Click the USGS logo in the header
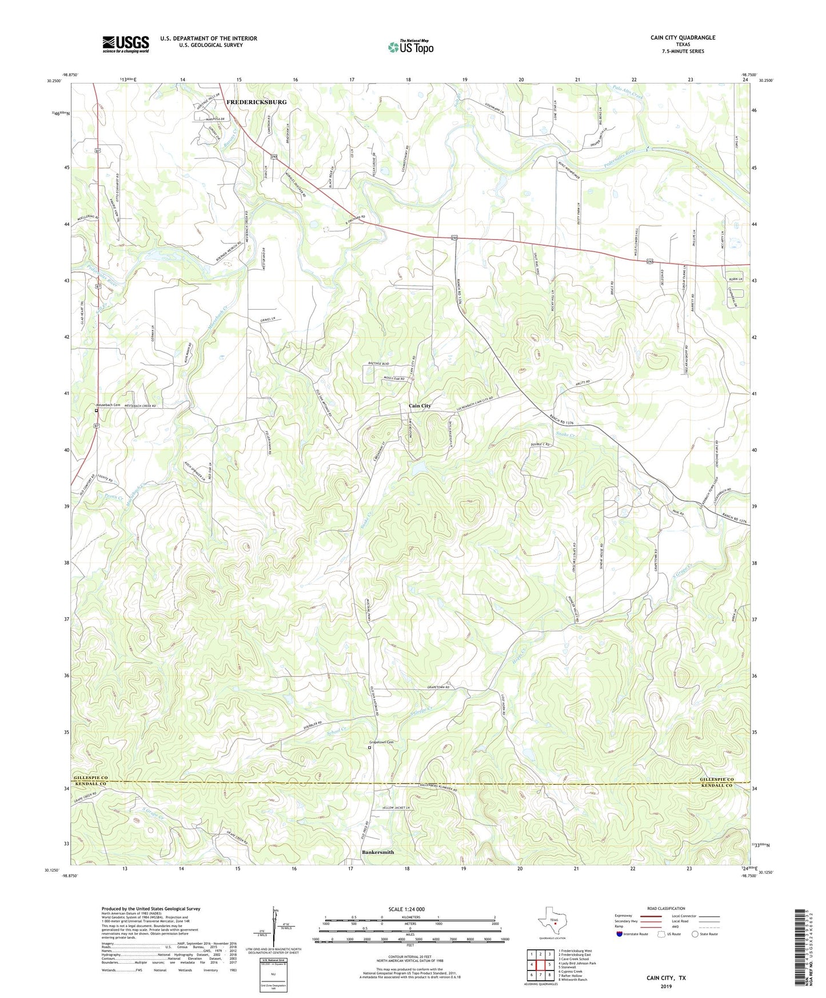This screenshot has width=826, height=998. click(126, 44)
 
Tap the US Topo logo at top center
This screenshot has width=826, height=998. click(410, 47)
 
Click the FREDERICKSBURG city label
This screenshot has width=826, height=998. click(256, 102)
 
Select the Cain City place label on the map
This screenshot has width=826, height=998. click(420, 406)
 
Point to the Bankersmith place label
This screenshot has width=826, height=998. click(378, 852)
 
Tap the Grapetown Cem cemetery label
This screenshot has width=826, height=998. click(382, 742)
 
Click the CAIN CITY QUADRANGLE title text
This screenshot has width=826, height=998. click(683, 38)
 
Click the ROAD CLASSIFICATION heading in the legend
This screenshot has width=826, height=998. click(666, 908)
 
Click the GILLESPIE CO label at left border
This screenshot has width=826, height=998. click(90, 779)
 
